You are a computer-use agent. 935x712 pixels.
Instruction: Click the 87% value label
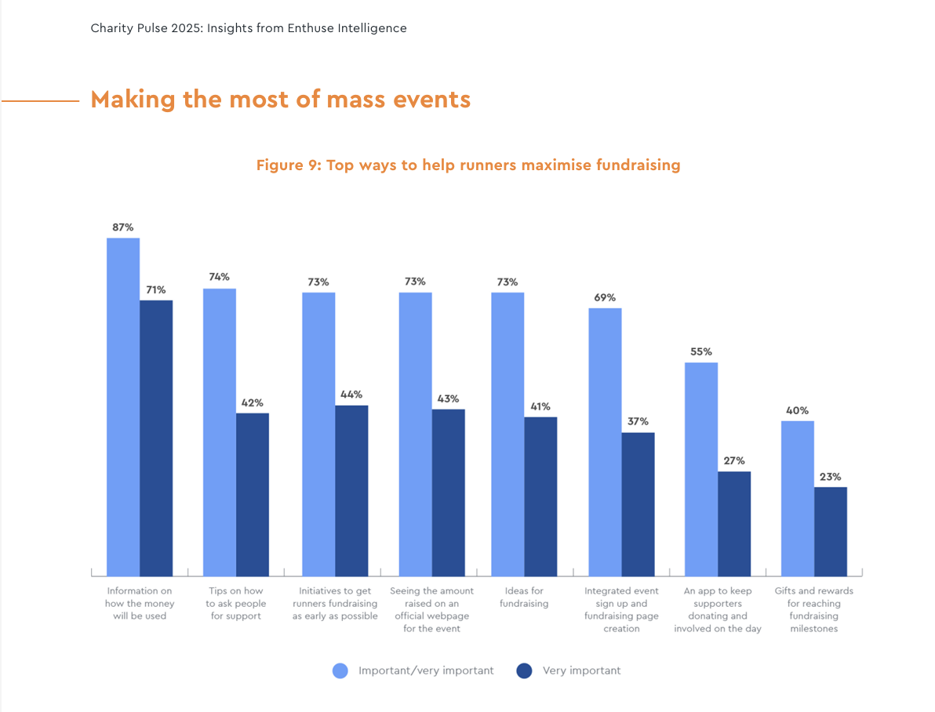coord(122,227)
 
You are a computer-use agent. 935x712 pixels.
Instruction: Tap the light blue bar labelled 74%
coord(220,431)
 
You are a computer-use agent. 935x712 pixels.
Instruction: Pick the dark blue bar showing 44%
coord(351,490)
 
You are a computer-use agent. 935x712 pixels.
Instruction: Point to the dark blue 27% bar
coord(734,523)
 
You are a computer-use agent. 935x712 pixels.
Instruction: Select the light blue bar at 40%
coord(798,498)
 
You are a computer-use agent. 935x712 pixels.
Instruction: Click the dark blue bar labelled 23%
coord(831,531)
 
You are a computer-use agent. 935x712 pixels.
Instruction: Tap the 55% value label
coord(700,352)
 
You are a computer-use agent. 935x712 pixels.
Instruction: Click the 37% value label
coord(638,422)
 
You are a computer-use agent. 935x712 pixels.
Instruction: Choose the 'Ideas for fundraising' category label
coord(524,597)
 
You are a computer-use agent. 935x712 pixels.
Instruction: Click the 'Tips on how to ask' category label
coord(235,603)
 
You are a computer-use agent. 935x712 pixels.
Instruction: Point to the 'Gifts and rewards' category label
coord(813,609)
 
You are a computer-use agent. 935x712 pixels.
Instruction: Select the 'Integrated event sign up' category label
coord(621,609)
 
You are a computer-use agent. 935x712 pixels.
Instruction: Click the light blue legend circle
coord(340,670)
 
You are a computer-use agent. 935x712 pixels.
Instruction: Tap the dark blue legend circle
coord(525,670)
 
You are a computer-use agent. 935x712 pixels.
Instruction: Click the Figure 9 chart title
coord(468,165)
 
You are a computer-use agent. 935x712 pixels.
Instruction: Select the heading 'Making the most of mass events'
coord(280,100)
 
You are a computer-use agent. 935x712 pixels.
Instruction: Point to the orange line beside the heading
coord(41,100)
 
